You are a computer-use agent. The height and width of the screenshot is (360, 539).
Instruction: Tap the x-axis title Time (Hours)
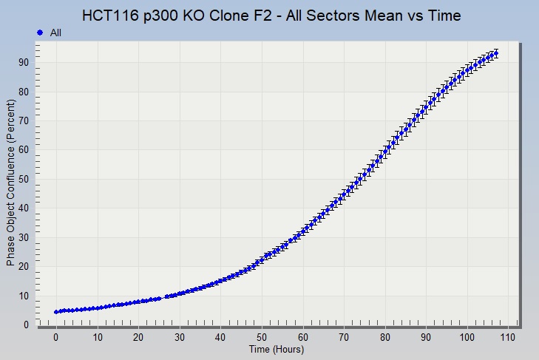tap(277, 350)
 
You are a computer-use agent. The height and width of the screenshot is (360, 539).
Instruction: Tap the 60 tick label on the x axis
tap(302, 338)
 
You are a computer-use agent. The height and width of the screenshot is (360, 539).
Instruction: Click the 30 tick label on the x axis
tap(179, 338)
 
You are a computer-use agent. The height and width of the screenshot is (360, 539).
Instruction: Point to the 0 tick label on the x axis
tap(55, 338)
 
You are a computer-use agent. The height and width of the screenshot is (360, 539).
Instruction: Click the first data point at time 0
tap(56, 312)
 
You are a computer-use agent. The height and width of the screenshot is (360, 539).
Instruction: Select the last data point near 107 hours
tap(495, 53)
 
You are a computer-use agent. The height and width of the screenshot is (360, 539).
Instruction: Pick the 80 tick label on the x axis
tap(384, 338)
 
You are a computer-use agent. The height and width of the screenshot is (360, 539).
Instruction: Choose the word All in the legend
tap(55, 33)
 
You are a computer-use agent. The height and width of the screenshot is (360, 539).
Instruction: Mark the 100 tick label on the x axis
tap(467, 338)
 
